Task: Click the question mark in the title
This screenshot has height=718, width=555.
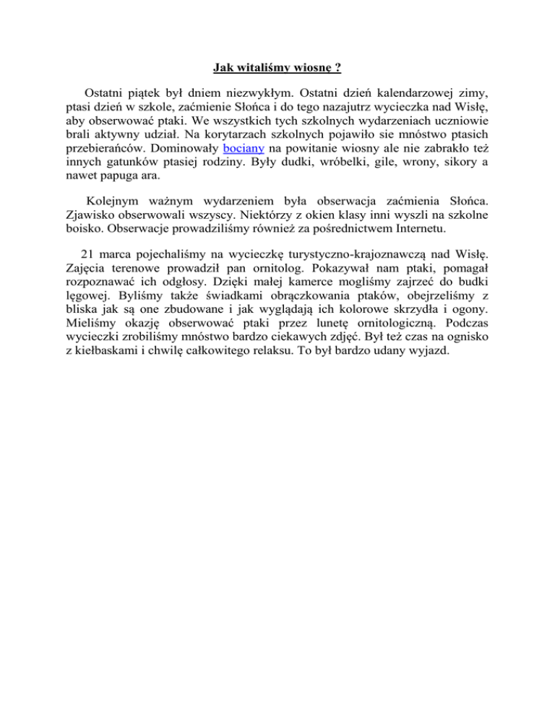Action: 337,69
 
